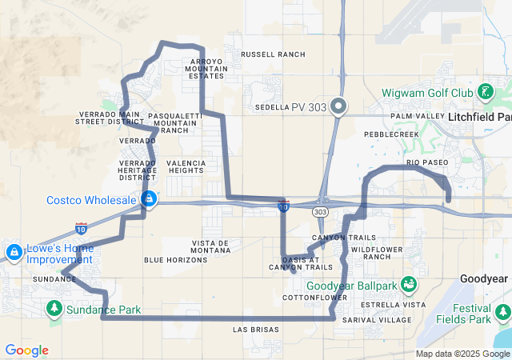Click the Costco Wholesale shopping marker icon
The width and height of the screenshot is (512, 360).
(148, 198)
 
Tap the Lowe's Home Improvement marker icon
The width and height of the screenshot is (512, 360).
(14, 253)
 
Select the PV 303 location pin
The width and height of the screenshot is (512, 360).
(338, 106)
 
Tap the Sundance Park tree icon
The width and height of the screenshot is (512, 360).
(54, 308)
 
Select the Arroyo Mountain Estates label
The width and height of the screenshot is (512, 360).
(206, 69)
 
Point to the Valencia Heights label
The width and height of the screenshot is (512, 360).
(186, 166)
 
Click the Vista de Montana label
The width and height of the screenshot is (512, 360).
(211, 246)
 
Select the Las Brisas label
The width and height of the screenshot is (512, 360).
(256, 330)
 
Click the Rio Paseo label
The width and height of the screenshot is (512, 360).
(427, 162)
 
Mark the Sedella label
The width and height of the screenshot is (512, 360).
(272, 106)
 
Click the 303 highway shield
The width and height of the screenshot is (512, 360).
(321, 211)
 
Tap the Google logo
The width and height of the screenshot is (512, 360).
(26, 350)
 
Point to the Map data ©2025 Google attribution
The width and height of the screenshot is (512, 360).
(462, 354)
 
